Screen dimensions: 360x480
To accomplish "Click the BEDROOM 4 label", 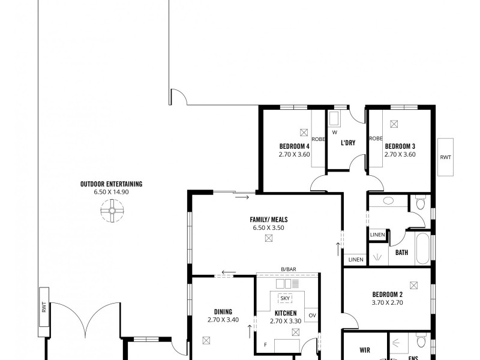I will pyautogui.click(x=294, y=146).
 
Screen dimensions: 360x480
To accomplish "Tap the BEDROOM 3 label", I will pyautogui.click(x=400, y=146).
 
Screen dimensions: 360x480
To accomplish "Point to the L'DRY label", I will pyautogui.click(x=348, y=143).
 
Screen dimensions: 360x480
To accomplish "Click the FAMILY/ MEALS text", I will pyautogui.click(x=267, y=220).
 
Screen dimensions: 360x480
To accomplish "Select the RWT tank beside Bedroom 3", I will pyautogui.click(x=446, y=157).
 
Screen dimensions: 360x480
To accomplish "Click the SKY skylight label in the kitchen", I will pyautogui.click(x=286, y=298).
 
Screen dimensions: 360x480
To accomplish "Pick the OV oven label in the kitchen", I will pyautogui.click(x=312, y=315).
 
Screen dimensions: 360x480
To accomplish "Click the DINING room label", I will pyautogui.click(x=223, y=311).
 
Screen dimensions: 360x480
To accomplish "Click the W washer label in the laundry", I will pyautogui.click(x=334, y=132).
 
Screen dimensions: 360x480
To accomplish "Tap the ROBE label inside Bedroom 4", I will pyautogui.click(x=318, y=139).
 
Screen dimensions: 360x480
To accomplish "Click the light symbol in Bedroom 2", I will pyautogui.click(x=413, y=286).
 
